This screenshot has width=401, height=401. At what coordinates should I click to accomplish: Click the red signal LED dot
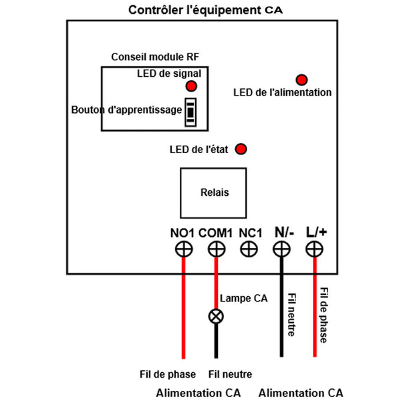click(x=191, y=86)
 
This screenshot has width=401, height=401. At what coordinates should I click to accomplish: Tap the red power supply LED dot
click(x=301, y=80)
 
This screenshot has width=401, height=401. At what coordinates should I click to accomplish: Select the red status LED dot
click(x=241, y=149)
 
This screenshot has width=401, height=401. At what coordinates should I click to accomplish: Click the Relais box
click(x=214, y=192)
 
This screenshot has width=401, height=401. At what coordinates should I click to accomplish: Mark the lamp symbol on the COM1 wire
click(x=215, y=315)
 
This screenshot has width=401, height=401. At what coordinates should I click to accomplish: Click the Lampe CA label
click(x=243, y=299)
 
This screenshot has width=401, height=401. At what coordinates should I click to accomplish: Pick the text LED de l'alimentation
click(x=282, y=92)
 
